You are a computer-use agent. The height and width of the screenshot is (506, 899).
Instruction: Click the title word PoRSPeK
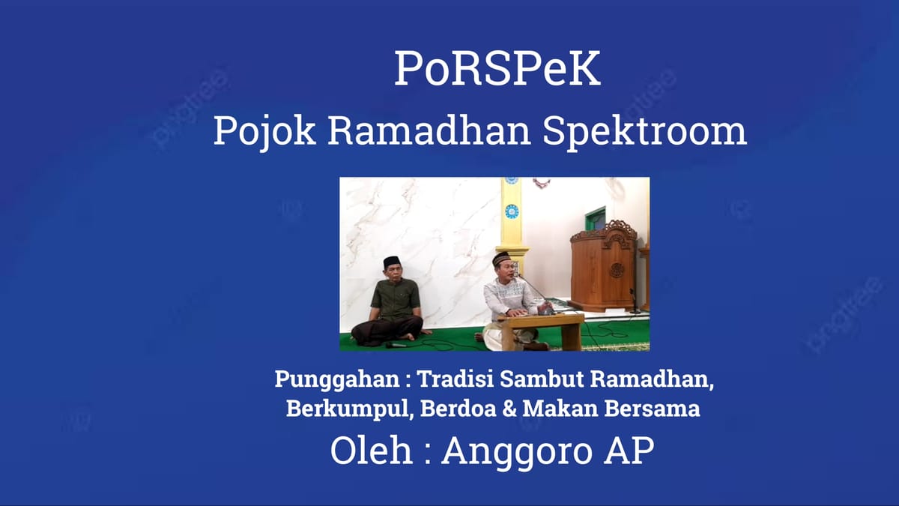[x=497, y=69]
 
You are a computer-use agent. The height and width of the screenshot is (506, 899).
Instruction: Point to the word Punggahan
[x=336, y=379]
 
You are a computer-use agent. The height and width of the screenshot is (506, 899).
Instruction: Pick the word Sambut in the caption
[x=542, y=379]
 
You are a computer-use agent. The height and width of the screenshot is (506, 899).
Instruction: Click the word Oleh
[x=371, y=451]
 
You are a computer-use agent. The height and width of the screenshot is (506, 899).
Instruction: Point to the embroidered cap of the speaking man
[x=501, y=258]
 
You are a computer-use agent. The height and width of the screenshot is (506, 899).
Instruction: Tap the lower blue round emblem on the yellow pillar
[x=512, y=211]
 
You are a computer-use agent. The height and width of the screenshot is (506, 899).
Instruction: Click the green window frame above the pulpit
[x=596, y=218]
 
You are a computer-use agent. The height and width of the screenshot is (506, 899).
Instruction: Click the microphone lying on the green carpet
[x=396, y=345]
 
